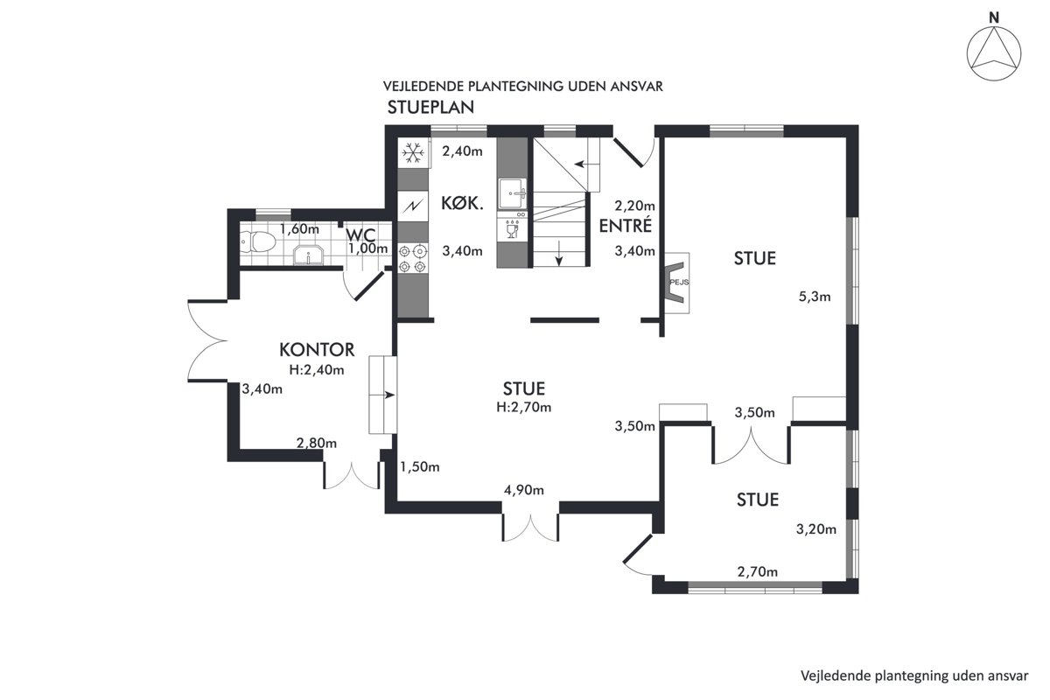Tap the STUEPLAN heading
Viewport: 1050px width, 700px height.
coord(430,108)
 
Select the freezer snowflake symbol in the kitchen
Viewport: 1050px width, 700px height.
coord(413,152)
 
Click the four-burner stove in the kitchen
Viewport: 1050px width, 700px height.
coord(413,259)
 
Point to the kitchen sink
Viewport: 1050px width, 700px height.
coord(513,192)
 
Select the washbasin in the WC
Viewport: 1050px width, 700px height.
coord(308,255)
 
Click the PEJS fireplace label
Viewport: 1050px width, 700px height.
coord(679,283)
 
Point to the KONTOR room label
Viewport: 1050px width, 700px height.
coord(317,350)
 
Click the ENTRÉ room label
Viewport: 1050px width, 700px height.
coord(626,225)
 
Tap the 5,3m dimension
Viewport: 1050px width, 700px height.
coord(815,297)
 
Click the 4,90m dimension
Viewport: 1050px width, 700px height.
coord(524,490)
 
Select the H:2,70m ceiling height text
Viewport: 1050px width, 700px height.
coord(523,408)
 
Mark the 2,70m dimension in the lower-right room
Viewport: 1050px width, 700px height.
coord(758,571)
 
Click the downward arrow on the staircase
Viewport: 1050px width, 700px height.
coord(559,253)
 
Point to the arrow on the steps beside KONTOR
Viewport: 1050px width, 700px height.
coord(389,395)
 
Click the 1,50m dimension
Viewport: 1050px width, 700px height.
coord(419,467)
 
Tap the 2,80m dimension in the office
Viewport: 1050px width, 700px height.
coord(317,443)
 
